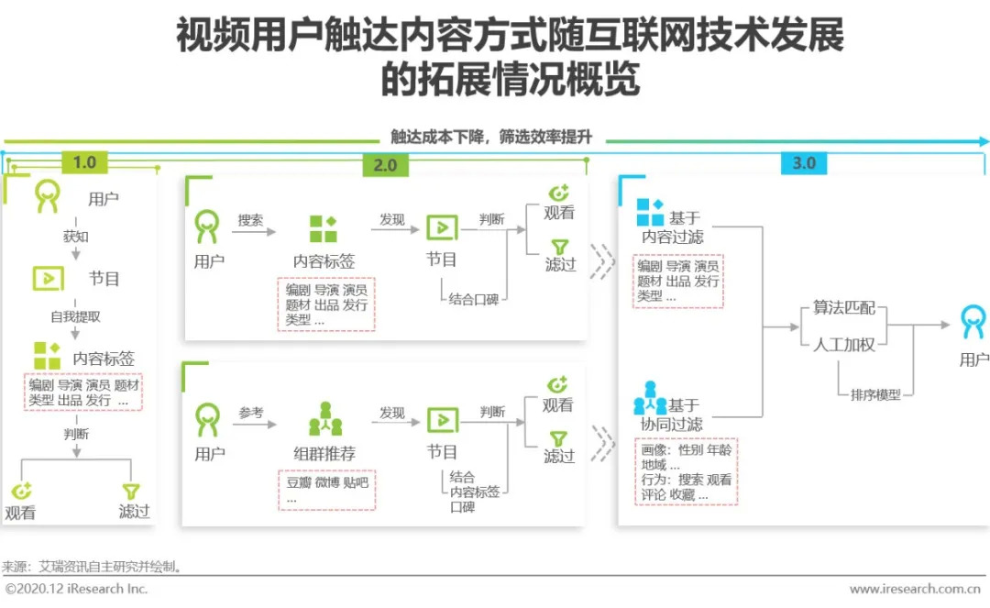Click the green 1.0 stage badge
pos(84,162)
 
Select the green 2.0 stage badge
pos(385,165)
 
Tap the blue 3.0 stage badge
pos(804,163)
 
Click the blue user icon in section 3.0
pos(973,322)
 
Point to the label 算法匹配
pos(843,307)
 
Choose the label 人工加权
pos(843,345)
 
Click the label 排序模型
pos(875,395)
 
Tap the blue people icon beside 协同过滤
pos(650,398)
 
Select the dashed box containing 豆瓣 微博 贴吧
pos(326,490)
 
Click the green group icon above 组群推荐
pos(325,419)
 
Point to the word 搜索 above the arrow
pos(250,220)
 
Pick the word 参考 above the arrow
pos(250,413)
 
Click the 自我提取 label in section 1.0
pos(76,316)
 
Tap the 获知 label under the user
pos(76,237)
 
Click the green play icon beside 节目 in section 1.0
pos(49,279)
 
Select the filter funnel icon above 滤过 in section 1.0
pos(131,492)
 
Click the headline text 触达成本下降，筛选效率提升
pos(491,137)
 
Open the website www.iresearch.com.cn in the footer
pos(915,589)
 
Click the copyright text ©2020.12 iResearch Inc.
pos(76,589)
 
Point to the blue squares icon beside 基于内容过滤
pos(650,212)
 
